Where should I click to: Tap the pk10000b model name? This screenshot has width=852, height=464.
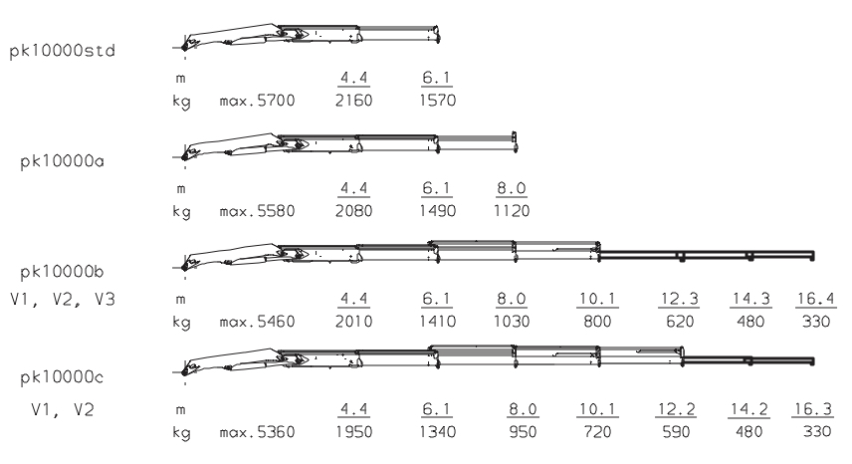pyautogui.click(x=62, y=271)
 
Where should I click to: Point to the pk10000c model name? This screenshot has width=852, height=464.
pyautogui.click(x=62, y=380)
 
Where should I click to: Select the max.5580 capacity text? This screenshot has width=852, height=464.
pyautogui.click(x=255, y=211)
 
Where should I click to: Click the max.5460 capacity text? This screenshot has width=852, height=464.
pyautogui.click(x=255, y=323)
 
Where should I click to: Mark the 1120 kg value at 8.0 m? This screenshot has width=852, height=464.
pyautogui.click(x=515, y=211)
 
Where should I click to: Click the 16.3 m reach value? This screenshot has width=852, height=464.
pyautogui.click(x=815, y=409)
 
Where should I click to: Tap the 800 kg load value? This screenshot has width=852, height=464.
pyautogui.click(x=596, y=323)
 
